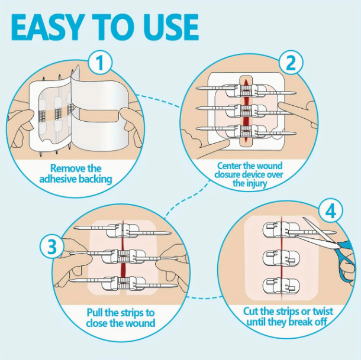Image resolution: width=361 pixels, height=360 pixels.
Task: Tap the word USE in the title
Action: click(x=170, y=27)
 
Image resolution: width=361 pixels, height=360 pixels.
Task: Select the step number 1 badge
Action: click(x=100, y=63)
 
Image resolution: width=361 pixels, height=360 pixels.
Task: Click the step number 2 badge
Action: click(x=291, y=63)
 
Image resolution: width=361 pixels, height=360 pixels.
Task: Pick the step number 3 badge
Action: click(x=52, y=247)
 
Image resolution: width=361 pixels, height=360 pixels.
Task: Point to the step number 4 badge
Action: click(x=331, y=211)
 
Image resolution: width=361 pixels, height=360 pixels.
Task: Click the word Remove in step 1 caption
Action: click(x=65, y=168)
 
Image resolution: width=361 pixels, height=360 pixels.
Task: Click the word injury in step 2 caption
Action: click(x=256, y=184)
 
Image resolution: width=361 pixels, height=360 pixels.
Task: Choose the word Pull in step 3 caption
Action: click(x=95, y=313)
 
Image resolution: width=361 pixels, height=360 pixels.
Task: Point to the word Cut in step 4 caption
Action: click(x=251, y=312)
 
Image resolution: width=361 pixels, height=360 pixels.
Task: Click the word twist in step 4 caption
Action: click(x=323, y=312)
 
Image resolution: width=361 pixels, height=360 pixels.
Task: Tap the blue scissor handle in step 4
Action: click(x=346, y=260)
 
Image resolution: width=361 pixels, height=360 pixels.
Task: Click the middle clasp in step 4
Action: click(x=281, y=258)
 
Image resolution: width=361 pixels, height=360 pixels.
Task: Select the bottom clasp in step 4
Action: click(x=281, y=286)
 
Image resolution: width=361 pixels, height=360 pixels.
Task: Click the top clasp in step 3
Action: click(x=123, y=231)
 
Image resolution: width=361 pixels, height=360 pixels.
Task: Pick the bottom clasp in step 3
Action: click(x=124, y=283)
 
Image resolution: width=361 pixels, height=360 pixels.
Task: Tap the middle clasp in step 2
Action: click(x=246, y=111)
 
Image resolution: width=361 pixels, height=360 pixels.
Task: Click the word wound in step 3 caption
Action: click(x=140, y=323)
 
